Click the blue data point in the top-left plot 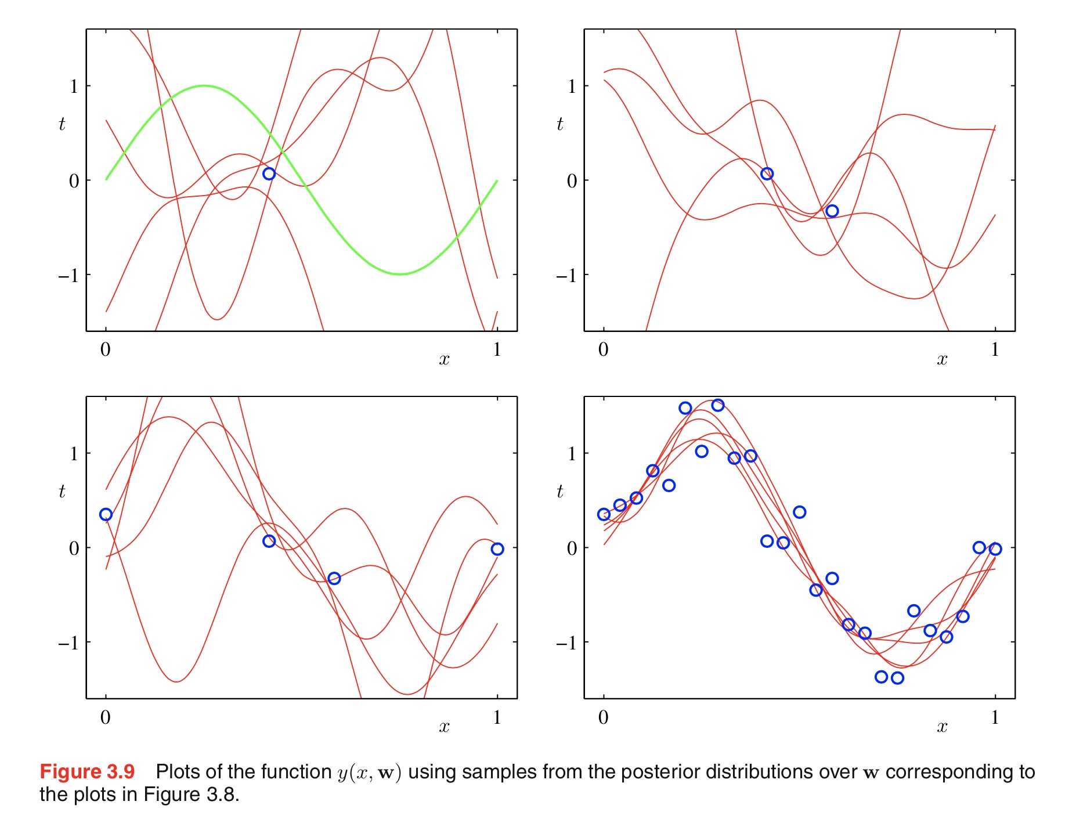pyautogui.click(x=269, y=174)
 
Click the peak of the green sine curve pyautogui.click(x=204, y=86)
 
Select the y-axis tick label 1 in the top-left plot pyautogui.click(x=74, y=86)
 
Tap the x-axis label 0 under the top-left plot pyautogui.click(x=105, y=349)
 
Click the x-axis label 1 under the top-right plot pyautogui.click(x=995, y=349)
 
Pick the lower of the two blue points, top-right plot pyautogui.click(x=832, y=211)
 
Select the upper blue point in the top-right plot pyautogui.click(x=767, y=174)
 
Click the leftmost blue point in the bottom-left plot pyautogui.click(x=106, y=514)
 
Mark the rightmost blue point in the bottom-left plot pyautogui.click(x=497, y=549)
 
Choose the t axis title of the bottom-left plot pyautogui.click(x=62, y=492)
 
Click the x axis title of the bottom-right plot pyautogui.click(x=942, y=727)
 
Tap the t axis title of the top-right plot pyautogui.click(x=559, y=124)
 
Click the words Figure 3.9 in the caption pyautogui.click(x=87, y=772)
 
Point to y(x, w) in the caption pyautogui.click(x=369, y=773)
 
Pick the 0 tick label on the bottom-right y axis pyautogui.click(x=572, y=548)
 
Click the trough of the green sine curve pyautogui.click(x=399, y=274)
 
